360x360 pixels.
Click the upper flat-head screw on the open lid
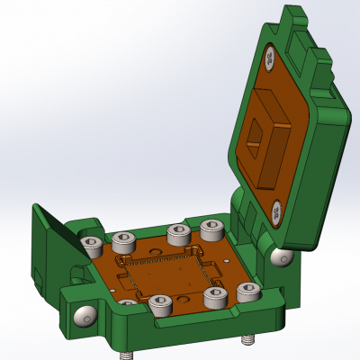point(272,59)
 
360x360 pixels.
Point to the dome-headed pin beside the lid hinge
point(282,257)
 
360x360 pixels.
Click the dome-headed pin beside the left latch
point(85,316)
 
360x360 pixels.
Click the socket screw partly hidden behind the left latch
point(91,245)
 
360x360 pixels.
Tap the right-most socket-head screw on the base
point(248,292)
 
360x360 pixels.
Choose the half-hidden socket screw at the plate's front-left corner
point(128,303)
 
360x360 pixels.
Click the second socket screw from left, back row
point(123,240)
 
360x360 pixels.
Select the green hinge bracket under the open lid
point(247,220)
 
